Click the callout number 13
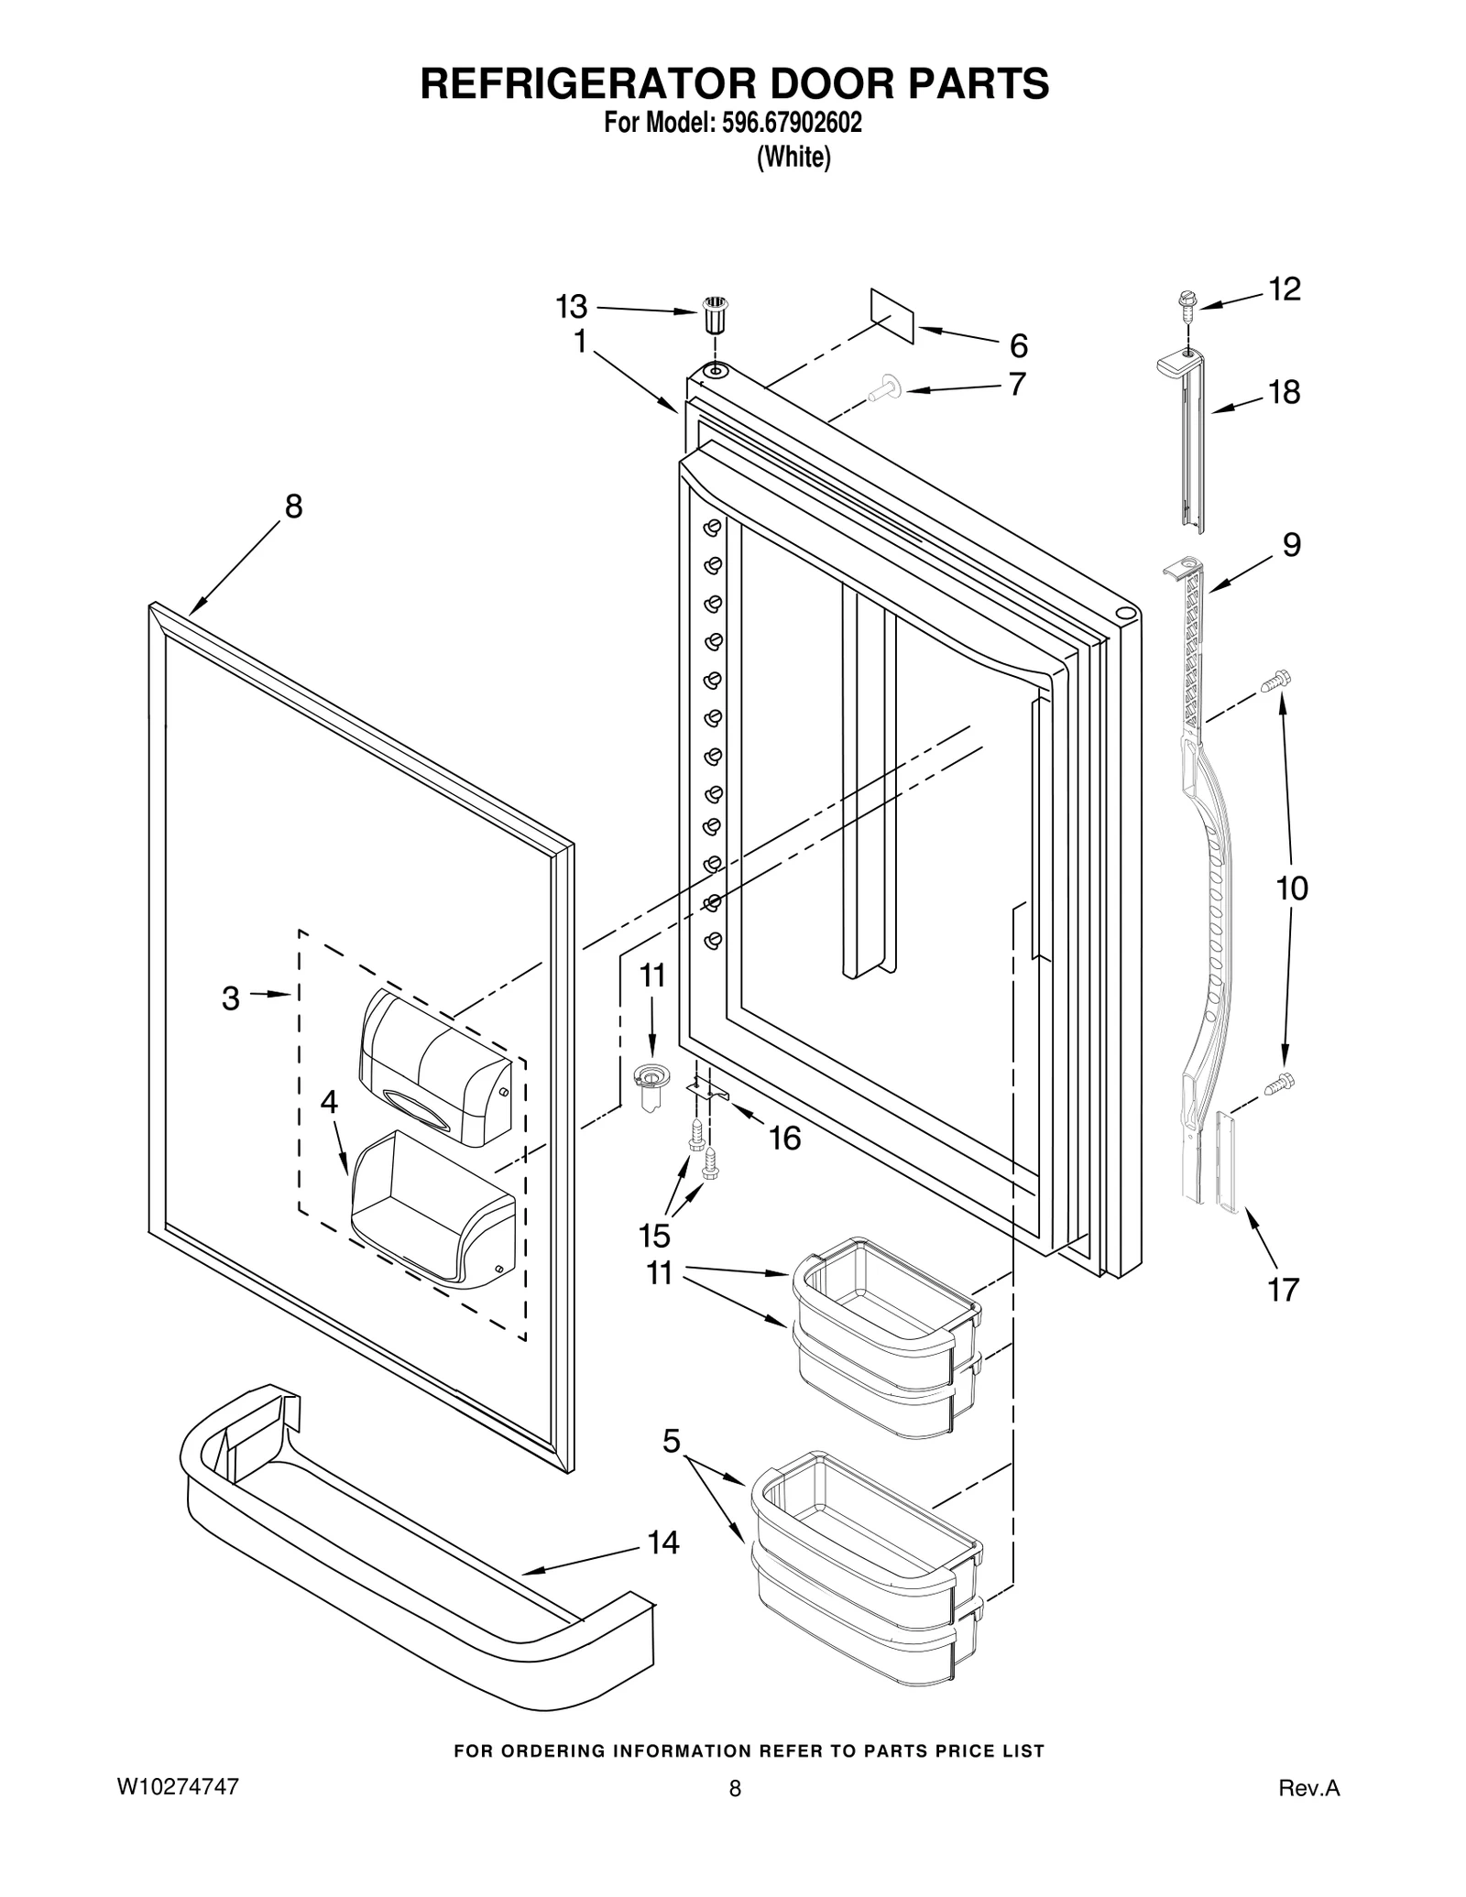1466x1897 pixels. click(x=572, y=307)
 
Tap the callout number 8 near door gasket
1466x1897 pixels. click(x=293, y=507)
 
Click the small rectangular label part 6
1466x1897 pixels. click(x=892, y=316)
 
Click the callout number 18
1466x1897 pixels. click(x=1284, y=393)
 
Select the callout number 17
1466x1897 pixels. click(x=1283, y=1290)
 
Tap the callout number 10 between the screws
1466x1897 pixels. click(x=1292, y=888)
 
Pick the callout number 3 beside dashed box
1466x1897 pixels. click(x=231, y=998)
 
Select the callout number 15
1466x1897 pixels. click(x=654, y=1236)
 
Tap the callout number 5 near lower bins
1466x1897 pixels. click(x=672, y=1442)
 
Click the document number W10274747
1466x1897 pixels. click(x=178, y=1787)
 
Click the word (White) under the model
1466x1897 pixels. click(x=793, y=158)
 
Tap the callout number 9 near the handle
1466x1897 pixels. click(x=1290, y=546)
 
